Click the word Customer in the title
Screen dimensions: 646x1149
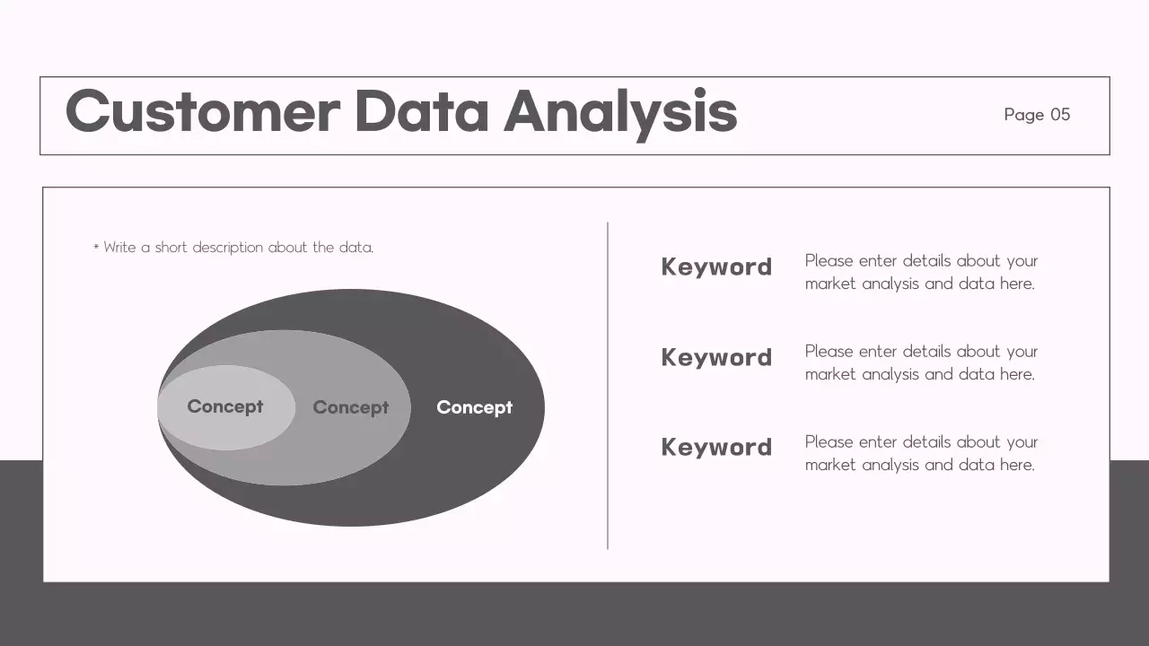pos(202,112)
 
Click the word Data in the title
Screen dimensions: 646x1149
pos(422,112)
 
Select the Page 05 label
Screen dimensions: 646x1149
pos(1037,114)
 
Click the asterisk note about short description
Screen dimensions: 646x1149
pos(233,248)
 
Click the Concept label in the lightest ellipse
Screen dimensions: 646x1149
pos(224,406)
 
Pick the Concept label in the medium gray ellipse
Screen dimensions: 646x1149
pos(350,407)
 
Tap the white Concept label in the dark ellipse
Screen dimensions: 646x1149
pos(474,407)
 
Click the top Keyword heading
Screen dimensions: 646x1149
pos(716,266)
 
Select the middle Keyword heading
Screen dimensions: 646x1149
pos(716,357)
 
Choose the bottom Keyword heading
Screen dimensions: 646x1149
pos(716,447)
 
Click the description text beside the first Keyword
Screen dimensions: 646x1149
pos(920,272)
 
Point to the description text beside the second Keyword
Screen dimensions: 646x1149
pos(920,362)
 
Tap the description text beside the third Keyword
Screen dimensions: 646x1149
pos(920,453)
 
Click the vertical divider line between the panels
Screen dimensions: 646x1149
pos(608,386)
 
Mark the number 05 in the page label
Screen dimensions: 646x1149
pos(1060,114)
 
